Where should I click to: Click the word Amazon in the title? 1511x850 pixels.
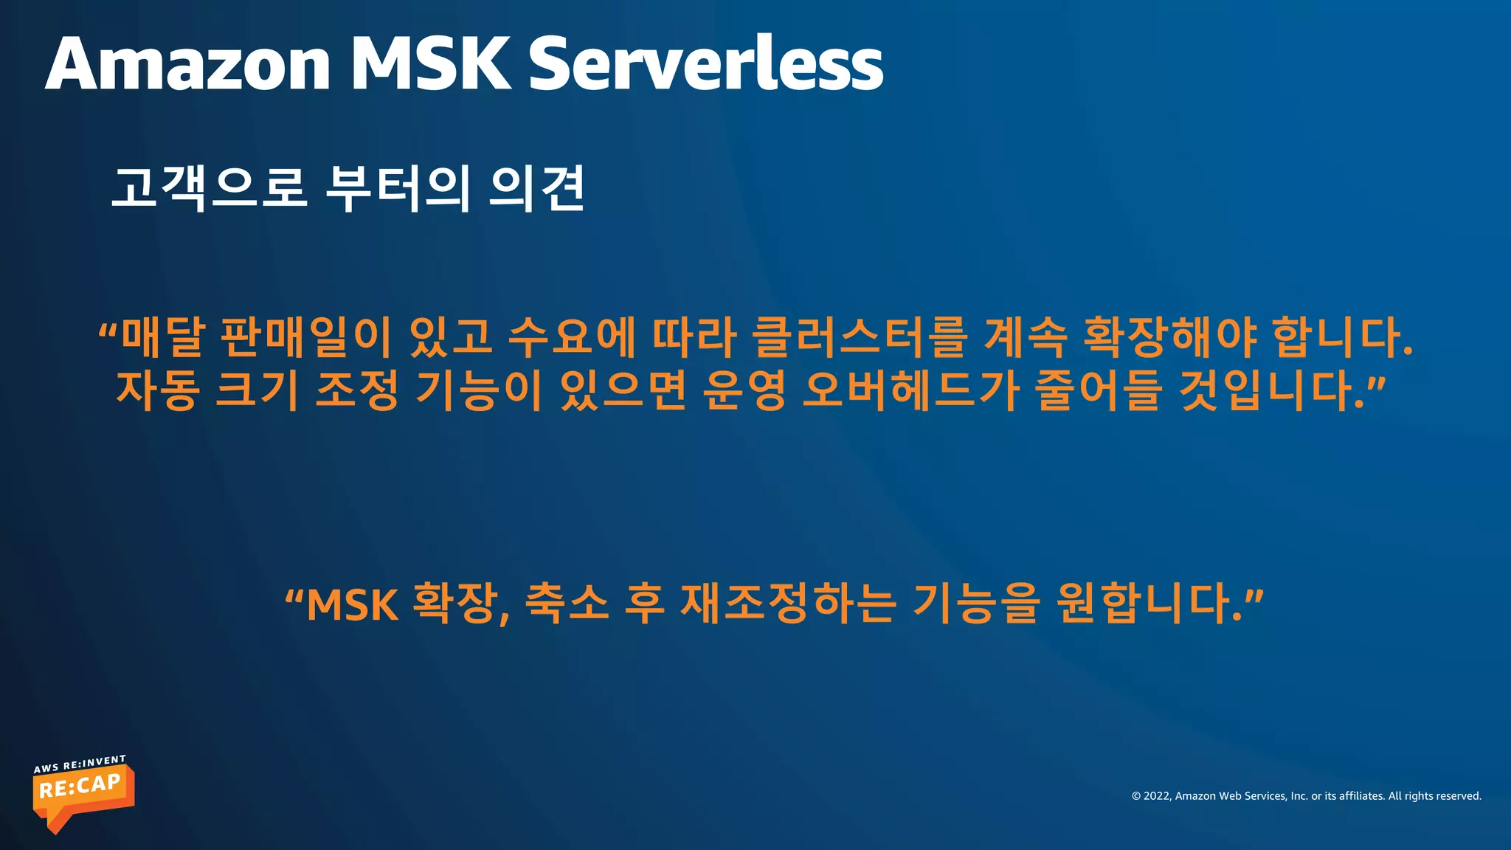pos(187,65)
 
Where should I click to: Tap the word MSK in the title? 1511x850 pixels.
pos(429,65)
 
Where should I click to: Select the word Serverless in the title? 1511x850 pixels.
pos(705,65)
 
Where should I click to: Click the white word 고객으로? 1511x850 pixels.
pos(209,187)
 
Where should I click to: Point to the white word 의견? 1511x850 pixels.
pos(537,187)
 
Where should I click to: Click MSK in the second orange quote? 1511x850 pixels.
pos(352,605)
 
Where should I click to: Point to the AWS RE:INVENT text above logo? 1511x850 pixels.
pos(80,764)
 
